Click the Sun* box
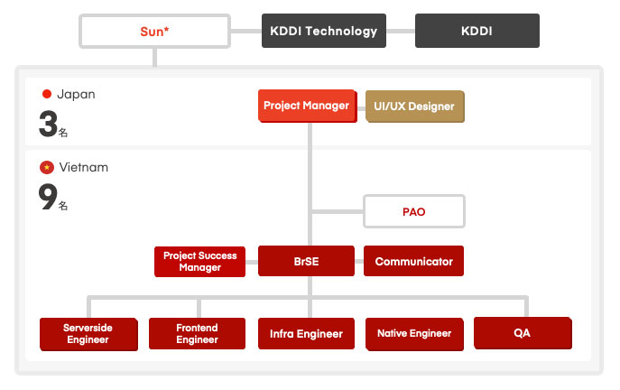pos(155,31)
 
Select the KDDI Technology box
pos(323,31)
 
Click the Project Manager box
pos(306,107)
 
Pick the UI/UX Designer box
pos(414,107)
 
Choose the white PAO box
pos(413,212)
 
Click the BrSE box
pos(307,262)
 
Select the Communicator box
pos(413,262)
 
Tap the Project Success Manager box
pos(199,262)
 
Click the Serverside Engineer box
pos(88,333)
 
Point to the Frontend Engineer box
pos(197,333)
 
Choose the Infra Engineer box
pos(306,333)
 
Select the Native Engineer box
pos(414,333)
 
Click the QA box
pos(522,332)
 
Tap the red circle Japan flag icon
pos(47,94)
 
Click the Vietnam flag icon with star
pos(47,168)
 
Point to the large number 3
pos(48,125)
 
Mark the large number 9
pos(48,197)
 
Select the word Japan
pos(76,94)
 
